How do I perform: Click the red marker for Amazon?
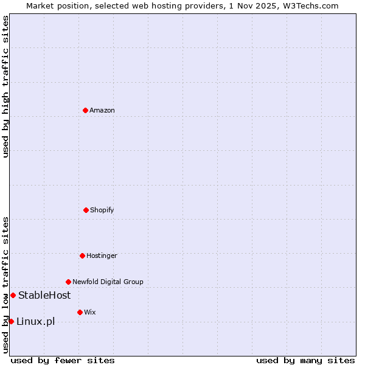pyautogui.click(x=85, y=110)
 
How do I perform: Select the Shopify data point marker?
pyautogui.click(x=86, y=210)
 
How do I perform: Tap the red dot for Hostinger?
pyautogui.click(x=82, y=255)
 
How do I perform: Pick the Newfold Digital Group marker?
pyautogui.click(x=68, y=282)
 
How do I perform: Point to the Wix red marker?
pyautogui.click(x=80, y=312)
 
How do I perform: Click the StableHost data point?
pyautogui.click(x=13, y=295)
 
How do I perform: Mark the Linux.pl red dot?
pyautogui.click(x=11, y=321)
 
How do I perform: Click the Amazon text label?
pyautogui.click(x=102, y=110)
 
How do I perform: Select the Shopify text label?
pyautogui.click(x=102, y=210)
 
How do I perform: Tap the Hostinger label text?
pyautogui.click(x=102, y=255)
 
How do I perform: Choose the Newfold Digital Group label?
pyautogui.click(x=108, y=282)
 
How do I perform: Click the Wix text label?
pyautogui.click(x=90, y=312)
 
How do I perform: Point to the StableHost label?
pyautogui.click(x=44, y=295)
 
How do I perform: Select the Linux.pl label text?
pyautogui.click(x=35, y=321)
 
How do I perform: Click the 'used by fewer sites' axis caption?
pyautogui.click(x=63, y=360)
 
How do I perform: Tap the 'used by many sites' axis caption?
pyautogui.click(x=305, y=360)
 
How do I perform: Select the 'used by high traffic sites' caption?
pyautogui.click(x=5, y=86)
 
